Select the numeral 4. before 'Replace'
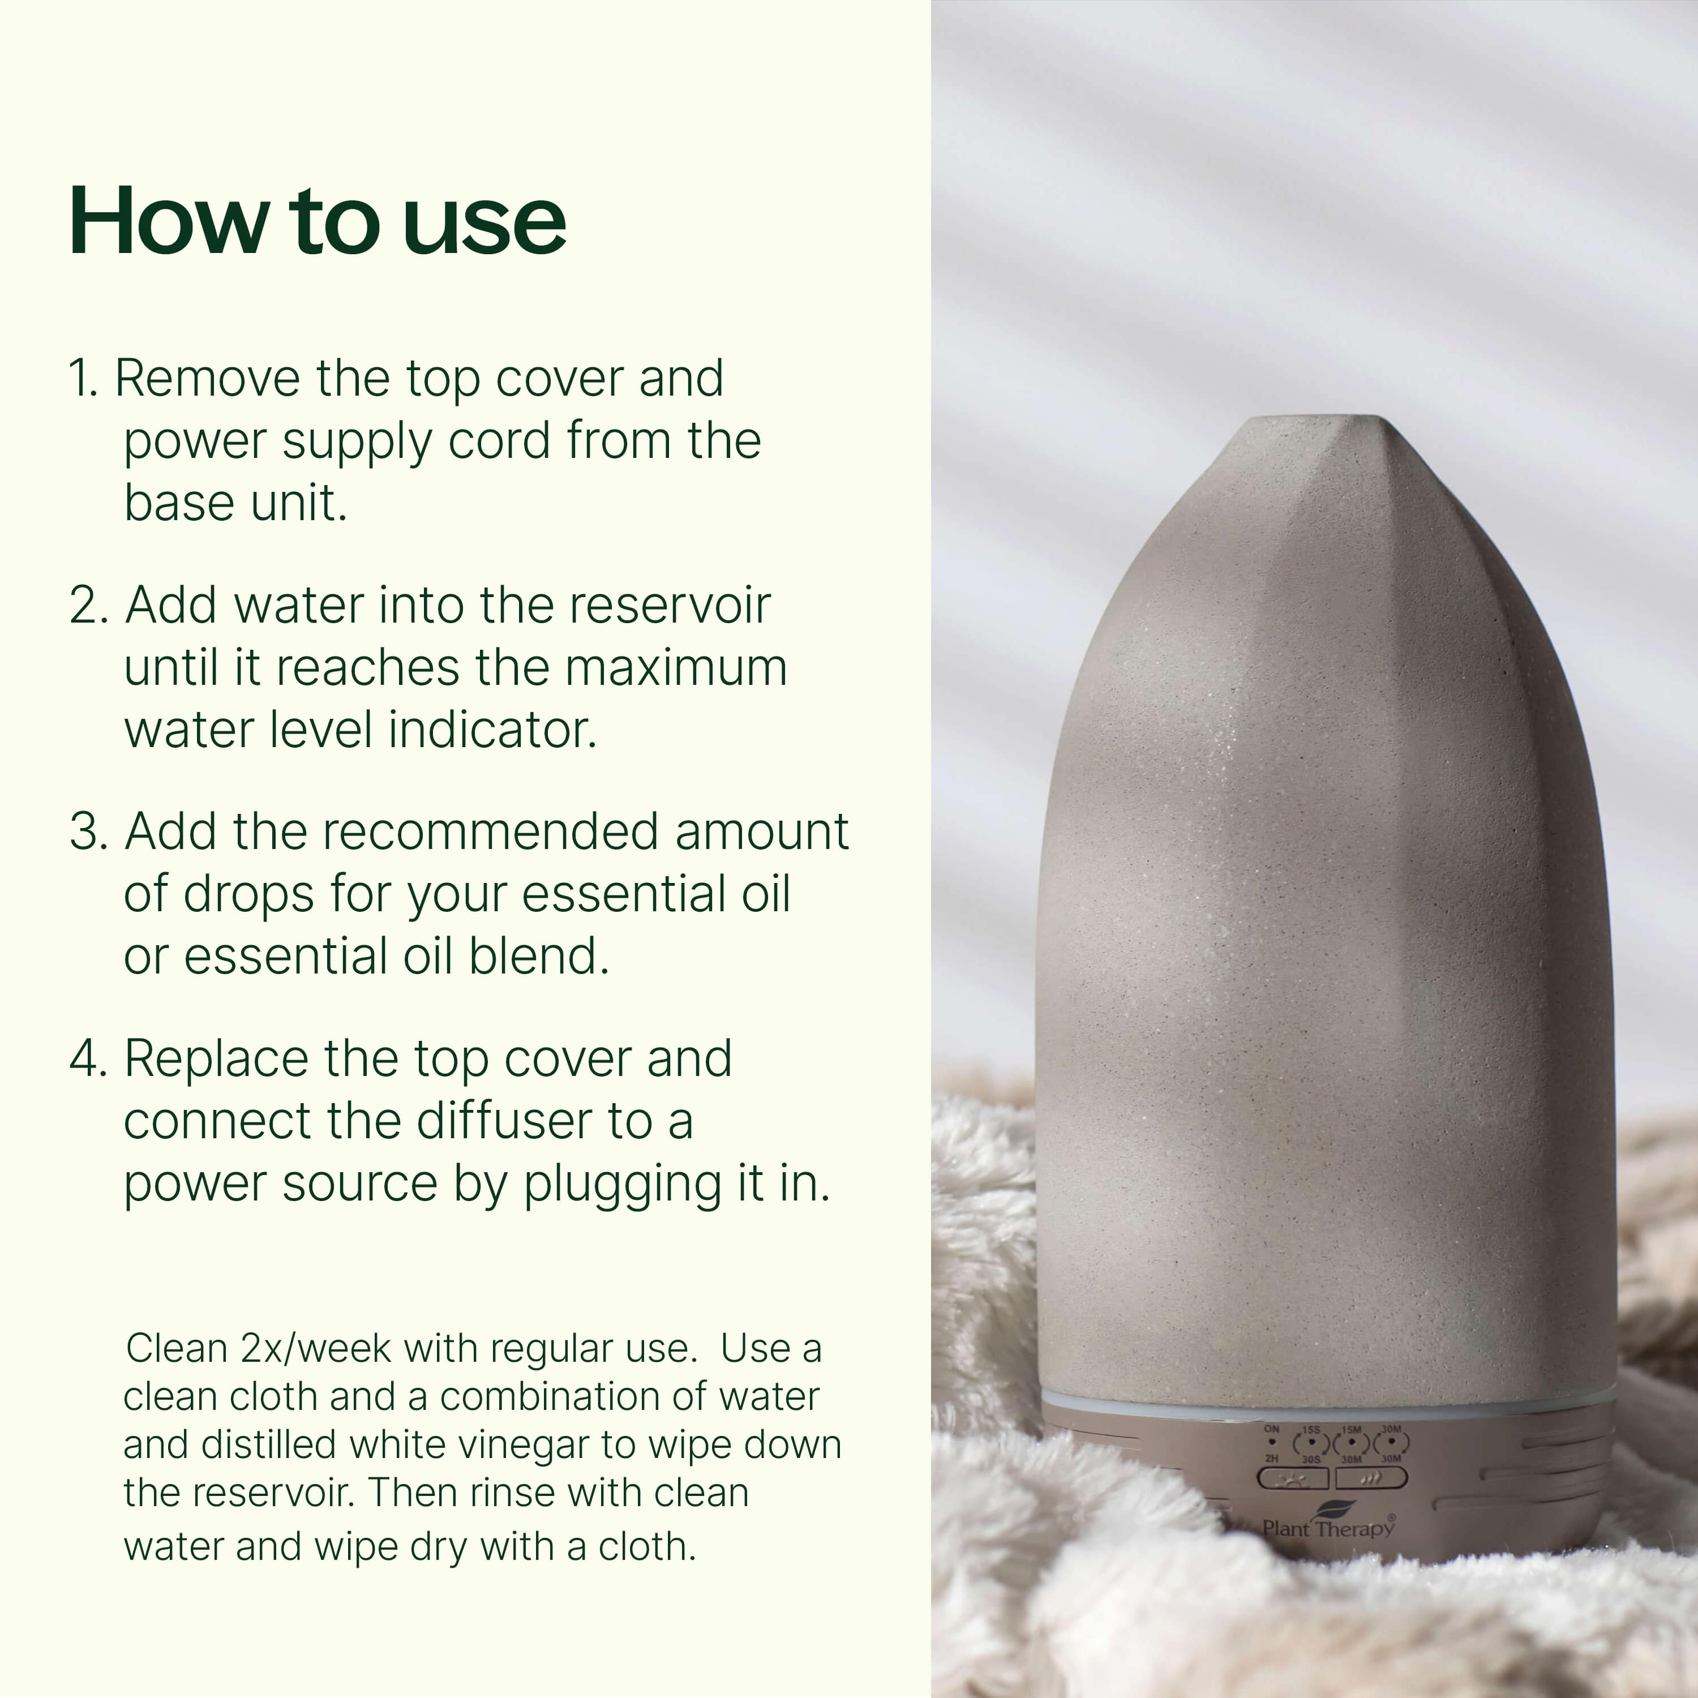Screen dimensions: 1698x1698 pyautogui.click(x=88, y=1059)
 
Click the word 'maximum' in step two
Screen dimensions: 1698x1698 pyautogui.click(x=675, y=668)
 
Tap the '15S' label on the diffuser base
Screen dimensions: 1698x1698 pyautogui.click(x=1311, y=1430)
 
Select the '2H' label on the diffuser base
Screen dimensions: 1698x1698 pyautogui.click(x=1271, y=1458)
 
